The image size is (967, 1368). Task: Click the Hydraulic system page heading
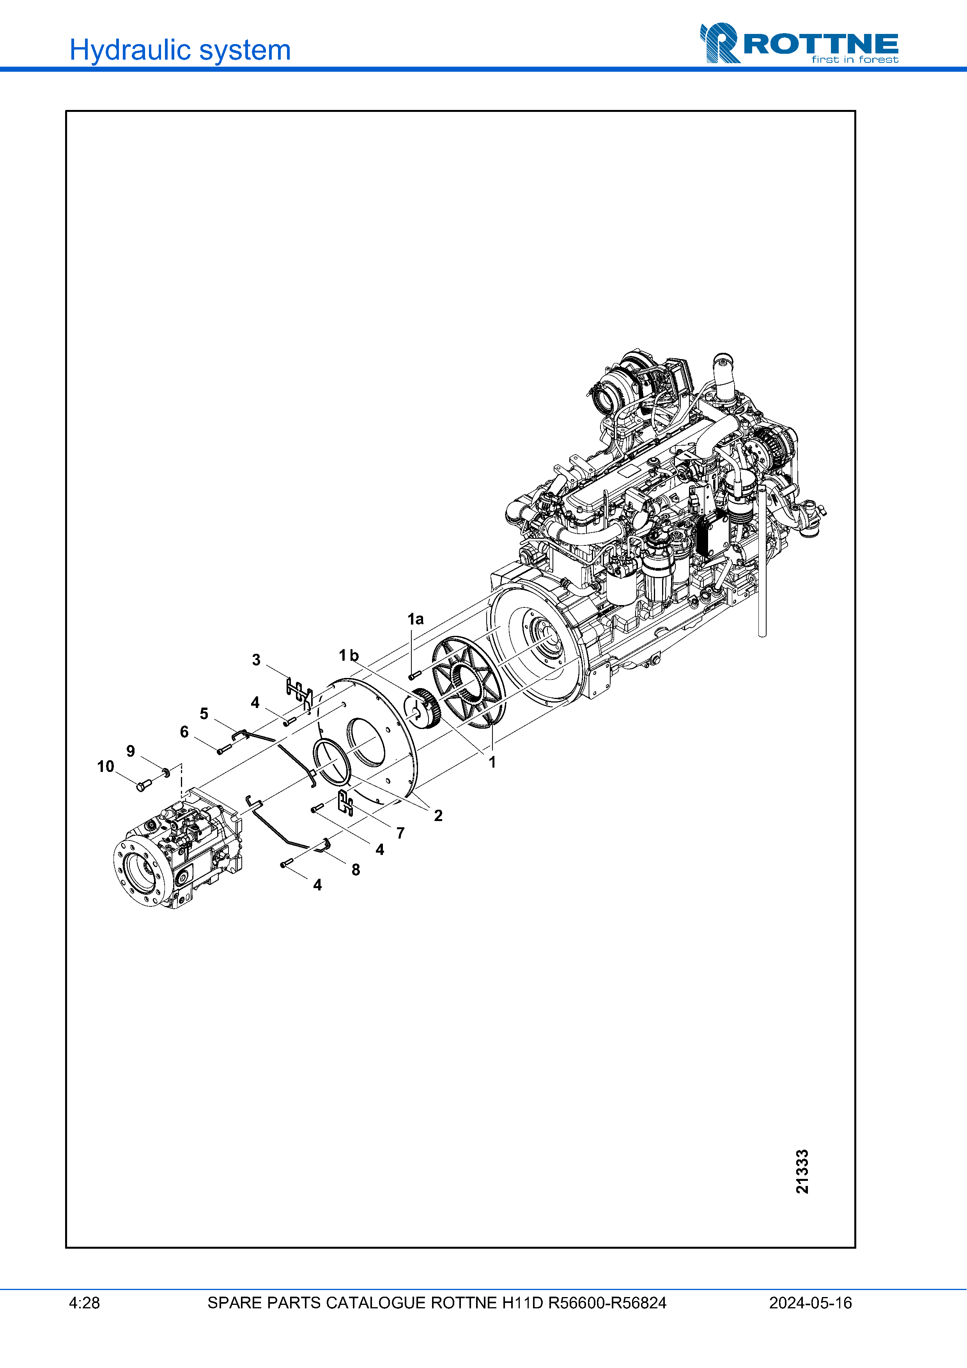point(180,50)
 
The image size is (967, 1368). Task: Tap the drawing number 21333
point(802,1172)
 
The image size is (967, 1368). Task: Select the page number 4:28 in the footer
point(85,1303)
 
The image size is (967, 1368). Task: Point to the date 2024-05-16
point(810,1303)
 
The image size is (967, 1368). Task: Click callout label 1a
point(415,619)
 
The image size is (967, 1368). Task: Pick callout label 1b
point(349,655)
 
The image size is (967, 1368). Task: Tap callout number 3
point(256,660)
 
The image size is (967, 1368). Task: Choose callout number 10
point(105,767)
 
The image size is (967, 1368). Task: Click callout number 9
point(131,751)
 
